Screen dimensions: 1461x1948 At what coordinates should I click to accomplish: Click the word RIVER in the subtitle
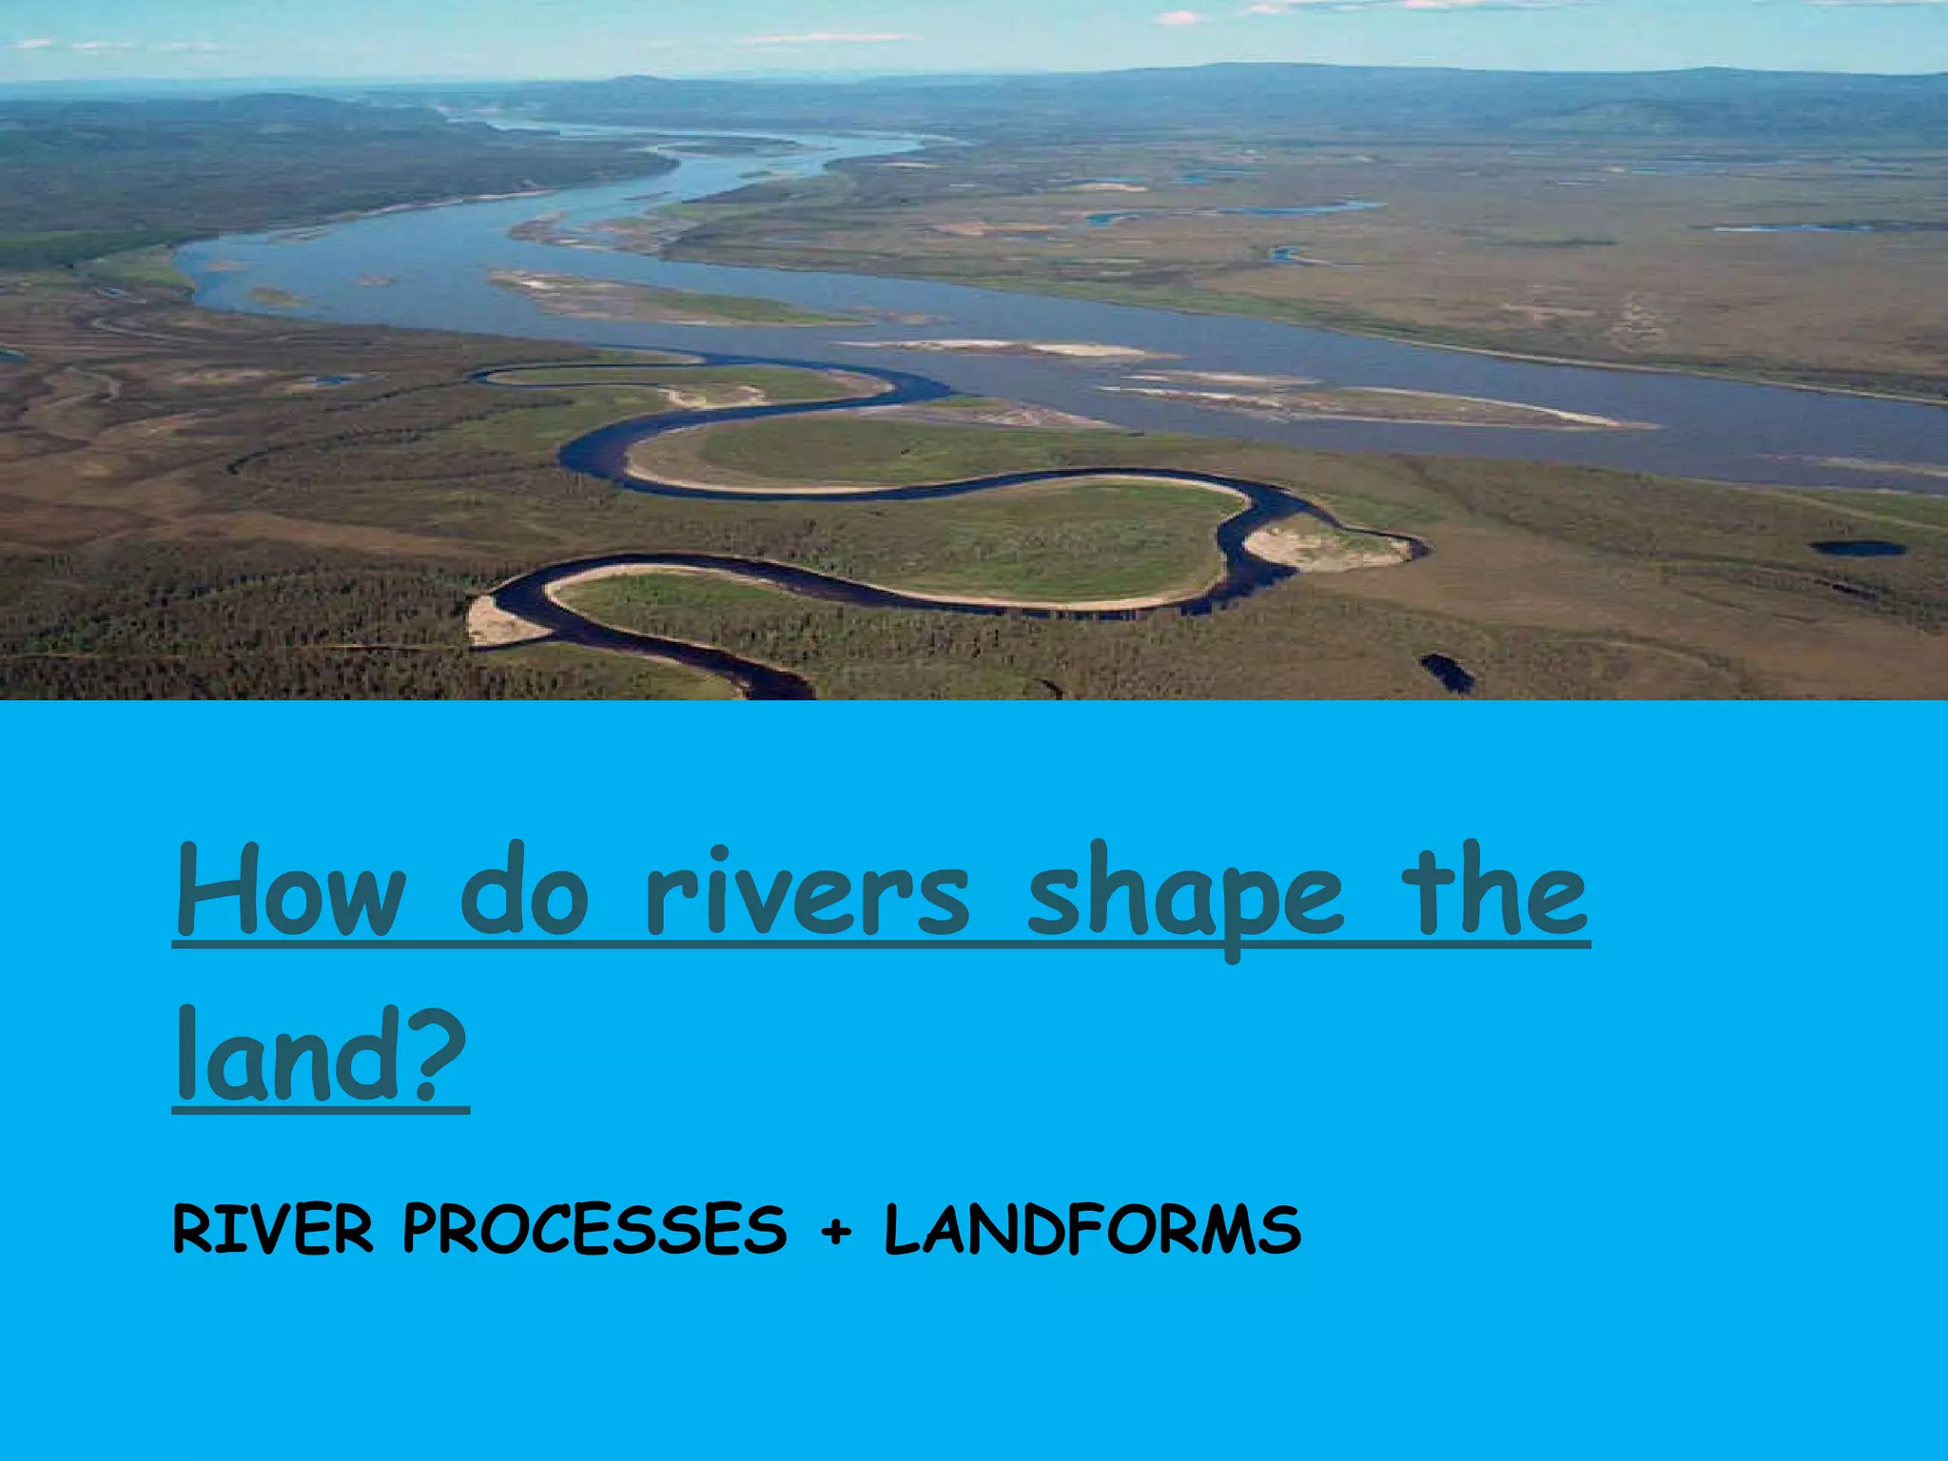[x=272, y=1229]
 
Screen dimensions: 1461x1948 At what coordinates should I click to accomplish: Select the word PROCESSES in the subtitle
[x=594, y=1229]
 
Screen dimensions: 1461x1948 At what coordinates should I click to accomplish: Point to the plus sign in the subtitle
[x=836, y=1233]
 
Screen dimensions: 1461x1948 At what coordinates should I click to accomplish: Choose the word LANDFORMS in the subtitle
[x=1092, y=1229]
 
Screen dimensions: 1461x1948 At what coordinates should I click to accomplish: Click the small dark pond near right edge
[x=1858, y=548]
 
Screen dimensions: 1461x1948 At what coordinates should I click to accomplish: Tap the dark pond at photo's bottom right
[x=1447, y=672]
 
